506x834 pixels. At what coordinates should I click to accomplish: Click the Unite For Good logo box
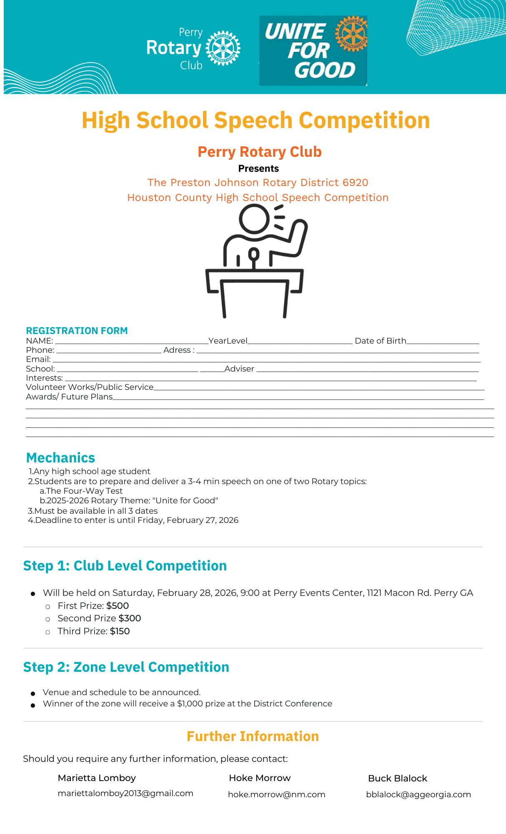click(313, 50)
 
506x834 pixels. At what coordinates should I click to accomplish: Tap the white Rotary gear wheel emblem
click(223, 48)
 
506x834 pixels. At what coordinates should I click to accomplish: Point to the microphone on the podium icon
click(253, 254)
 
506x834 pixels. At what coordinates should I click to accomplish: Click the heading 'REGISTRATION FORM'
click(77, 331)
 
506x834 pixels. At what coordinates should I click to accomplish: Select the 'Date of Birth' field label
click(380, 341)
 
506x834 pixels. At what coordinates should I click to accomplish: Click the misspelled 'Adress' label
click(178, 350)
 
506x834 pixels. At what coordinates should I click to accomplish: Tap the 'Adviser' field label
click(239, 369)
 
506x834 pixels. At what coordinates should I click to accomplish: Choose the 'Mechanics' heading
click(60, 458)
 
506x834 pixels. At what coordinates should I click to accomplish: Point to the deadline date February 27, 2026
click(203, 520)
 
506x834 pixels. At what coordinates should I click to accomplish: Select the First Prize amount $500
click(118, 605)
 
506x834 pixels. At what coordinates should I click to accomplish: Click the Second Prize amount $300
click(130, 618)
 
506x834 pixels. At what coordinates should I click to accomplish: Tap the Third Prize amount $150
click(120, 631)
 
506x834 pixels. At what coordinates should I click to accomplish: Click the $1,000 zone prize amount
click(190, 703)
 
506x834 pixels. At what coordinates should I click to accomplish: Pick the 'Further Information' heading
click(253, 736)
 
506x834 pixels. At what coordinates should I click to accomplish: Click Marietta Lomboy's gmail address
click(125, 793)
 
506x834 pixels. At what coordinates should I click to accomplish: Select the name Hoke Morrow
click(260, 778)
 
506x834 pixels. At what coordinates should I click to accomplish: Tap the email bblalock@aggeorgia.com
click(418, 794)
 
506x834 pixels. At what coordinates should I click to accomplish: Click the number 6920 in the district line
click(355, 183)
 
